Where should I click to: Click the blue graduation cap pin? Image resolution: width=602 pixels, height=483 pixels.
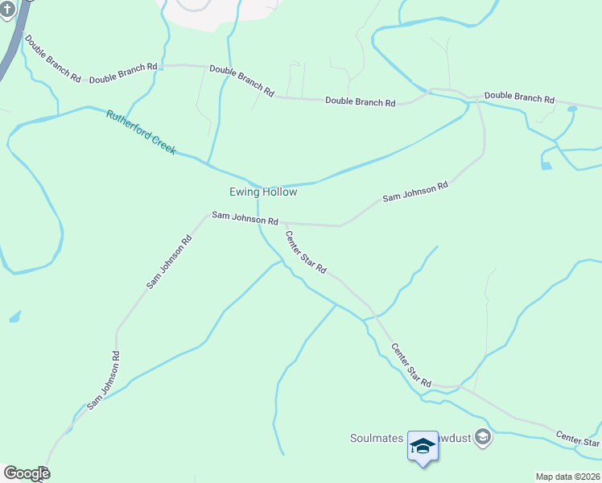click(x=422, y=447)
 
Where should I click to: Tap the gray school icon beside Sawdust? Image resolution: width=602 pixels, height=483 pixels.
click(x=483, y=437)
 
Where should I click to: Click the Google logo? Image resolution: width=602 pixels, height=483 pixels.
click(x=27, y=473)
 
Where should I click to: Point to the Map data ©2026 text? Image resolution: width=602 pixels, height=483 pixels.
click(x=567, y=477)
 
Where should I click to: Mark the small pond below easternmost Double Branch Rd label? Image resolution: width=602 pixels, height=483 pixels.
click(x=546, y=166)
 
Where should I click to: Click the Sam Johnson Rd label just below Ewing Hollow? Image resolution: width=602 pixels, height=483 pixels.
click(x=245, y=218)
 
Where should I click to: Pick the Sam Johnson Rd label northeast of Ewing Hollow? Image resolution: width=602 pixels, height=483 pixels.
click(x=414, y=192)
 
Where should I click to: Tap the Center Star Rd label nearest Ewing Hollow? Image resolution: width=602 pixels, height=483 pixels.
click(x=306, y=253)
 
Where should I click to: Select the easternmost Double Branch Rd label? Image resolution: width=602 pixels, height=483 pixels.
click(x=519, y=98)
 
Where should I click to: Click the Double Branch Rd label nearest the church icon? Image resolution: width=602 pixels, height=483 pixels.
click(x=52, y=59)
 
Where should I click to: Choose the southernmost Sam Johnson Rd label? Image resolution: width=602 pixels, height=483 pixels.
click(x=104, y=379)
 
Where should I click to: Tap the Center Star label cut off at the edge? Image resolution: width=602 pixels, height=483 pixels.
click(x=578, y=439)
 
